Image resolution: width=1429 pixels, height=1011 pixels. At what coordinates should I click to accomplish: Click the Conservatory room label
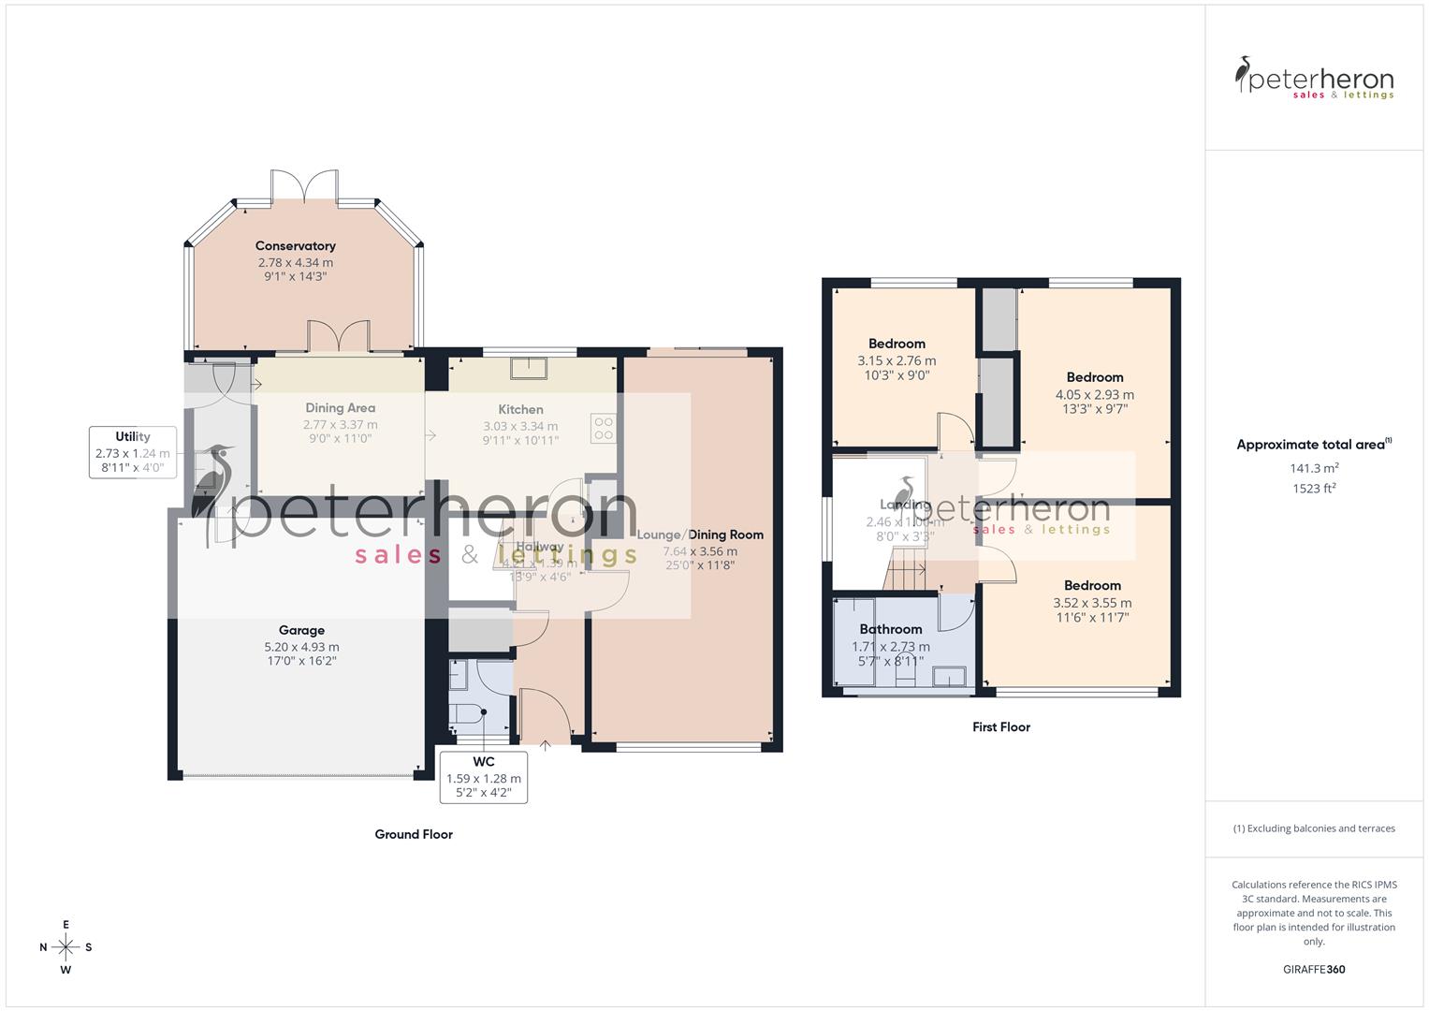(x=295, y=246)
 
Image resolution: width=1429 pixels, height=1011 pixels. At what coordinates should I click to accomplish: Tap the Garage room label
(x=301, y=630)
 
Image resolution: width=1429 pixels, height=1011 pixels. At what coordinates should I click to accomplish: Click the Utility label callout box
(x=133, y=451)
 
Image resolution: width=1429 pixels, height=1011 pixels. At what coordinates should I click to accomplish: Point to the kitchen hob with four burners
(x=604, y=429)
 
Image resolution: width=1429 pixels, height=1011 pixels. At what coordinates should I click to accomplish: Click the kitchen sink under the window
(x=529, y=368)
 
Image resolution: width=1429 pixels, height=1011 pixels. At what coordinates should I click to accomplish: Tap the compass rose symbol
(x=66, y=947)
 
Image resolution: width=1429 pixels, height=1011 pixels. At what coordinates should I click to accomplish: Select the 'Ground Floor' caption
(x=414, y=834)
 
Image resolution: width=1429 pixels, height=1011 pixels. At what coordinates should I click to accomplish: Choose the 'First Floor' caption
(x=1000, y=726)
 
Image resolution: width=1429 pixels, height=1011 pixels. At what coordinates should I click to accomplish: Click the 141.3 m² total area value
(x=1314, y=468)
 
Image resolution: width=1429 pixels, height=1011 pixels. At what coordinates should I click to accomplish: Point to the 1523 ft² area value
(x=1314, y=488)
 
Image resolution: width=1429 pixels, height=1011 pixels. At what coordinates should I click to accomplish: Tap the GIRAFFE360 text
(x=1314, y=969)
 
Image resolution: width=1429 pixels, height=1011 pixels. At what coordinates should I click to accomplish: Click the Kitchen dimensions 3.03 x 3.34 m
(x=520, y=426)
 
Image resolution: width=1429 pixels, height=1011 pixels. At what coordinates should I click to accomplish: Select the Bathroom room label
(x=891, y=629)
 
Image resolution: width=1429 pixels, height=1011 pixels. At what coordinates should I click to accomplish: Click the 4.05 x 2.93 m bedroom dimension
(x=1094, y=394)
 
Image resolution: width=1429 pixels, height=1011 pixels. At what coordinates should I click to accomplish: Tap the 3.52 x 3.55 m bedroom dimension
(x=1092, y=603)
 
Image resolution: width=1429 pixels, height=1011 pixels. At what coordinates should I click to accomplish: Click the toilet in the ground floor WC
(x=465, y=715)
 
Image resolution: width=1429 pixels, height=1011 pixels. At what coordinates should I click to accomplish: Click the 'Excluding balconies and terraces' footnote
(x=1314, y=828)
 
